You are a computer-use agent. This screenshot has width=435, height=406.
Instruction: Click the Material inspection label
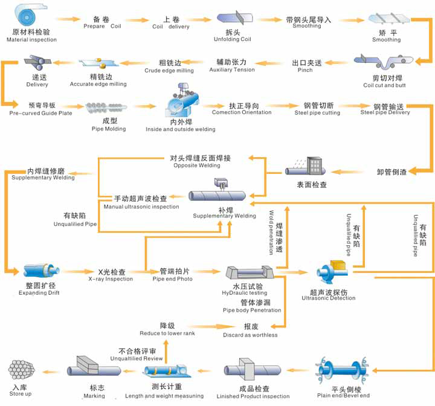click(31, 36)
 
